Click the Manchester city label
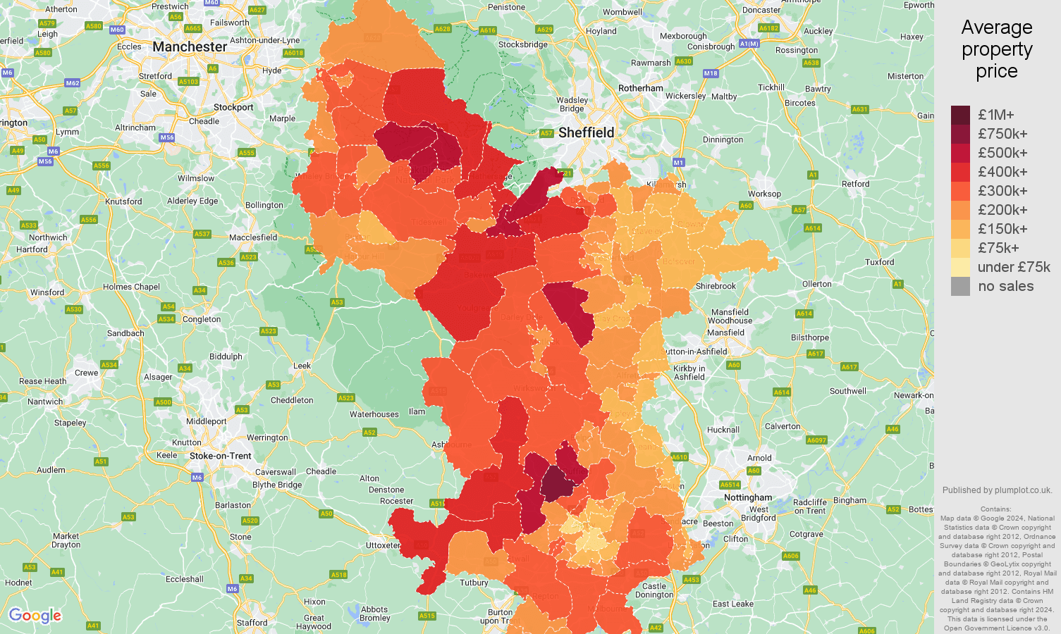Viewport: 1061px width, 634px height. point(190,46)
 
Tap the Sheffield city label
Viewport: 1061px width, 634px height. point(586,132)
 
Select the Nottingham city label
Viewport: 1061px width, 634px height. point(748,497)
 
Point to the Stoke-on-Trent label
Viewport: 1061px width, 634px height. point(220,456)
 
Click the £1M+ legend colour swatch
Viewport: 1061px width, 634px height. point(960,115)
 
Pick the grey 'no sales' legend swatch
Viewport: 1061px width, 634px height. point(960,286)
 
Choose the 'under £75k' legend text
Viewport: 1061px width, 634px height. point(1013,267)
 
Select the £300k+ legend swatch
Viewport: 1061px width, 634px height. point(960,191)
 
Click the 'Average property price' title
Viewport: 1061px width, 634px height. point(996,49)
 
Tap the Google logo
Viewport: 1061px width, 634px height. point(35,616)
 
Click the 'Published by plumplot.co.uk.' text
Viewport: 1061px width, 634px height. point(997,490)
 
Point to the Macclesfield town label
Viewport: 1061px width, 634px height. point(253,237)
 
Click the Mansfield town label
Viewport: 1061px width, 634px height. point(725,332)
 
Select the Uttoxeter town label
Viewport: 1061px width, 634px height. point(383,545)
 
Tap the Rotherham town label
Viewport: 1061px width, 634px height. point(640,88)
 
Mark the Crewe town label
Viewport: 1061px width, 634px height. point(86,373)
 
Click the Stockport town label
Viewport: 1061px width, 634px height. point(233,107)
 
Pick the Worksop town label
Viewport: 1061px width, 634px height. point(764,194)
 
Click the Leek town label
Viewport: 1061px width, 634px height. point(302,365)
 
